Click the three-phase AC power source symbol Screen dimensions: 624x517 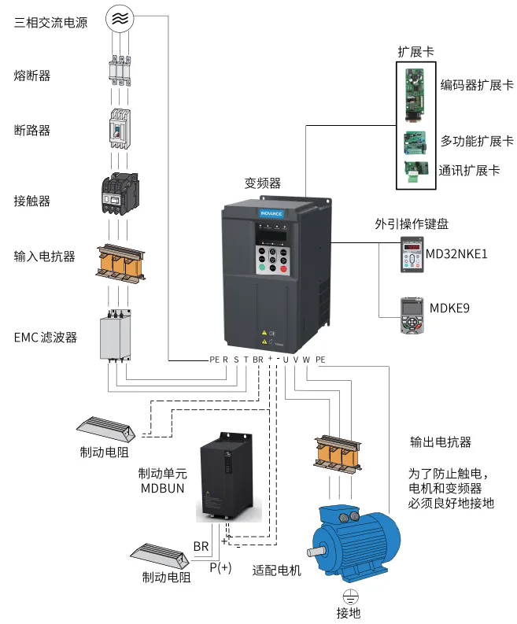click(118, 19)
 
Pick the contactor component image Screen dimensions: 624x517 click(118, 194)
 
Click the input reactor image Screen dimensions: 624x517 click(118, 263)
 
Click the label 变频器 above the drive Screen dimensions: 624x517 click(263, 183)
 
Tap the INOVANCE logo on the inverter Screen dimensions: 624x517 click(272, 212)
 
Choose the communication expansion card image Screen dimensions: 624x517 click(413, 171)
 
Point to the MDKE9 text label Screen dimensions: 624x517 click(449, 308)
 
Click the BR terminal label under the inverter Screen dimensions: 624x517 click(258, 360)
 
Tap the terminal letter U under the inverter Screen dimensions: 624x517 click(285, 360)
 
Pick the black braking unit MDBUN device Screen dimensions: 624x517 click(228, 476)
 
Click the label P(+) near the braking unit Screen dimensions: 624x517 click(220, 567)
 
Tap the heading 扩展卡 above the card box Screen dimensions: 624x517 click(415, 52)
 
